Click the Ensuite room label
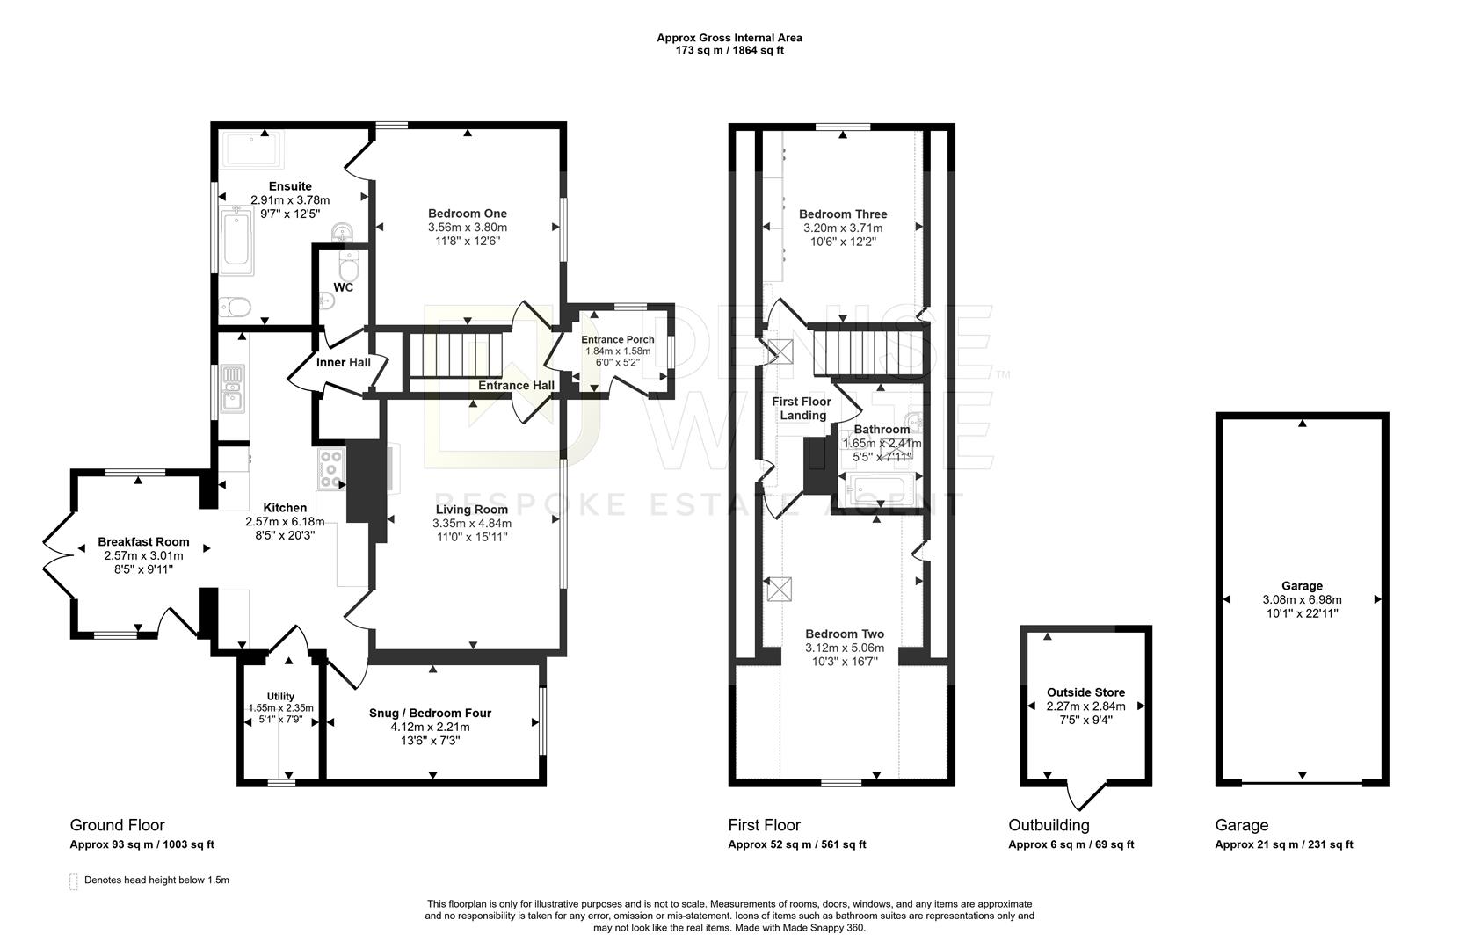291,186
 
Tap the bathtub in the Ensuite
236,241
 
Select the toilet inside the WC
349,265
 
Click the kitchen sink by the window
233,388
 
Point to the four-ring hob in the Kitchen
331,469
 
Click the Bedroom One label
467,214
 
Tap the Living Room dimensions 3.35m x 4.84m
472,523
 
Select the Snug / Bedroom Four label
430,713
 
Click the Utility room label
280,696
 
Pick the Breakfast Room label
143,542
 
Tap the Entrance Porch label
618,339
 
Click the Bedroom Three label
843,214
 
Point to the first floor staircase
869,352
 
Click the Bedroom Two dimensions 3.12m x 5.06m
845,648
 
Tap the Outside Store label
1085,692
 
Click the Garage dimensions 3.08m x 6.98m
1302,600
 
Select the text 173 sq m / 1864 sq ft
729,50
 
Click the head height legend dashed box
74,881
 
